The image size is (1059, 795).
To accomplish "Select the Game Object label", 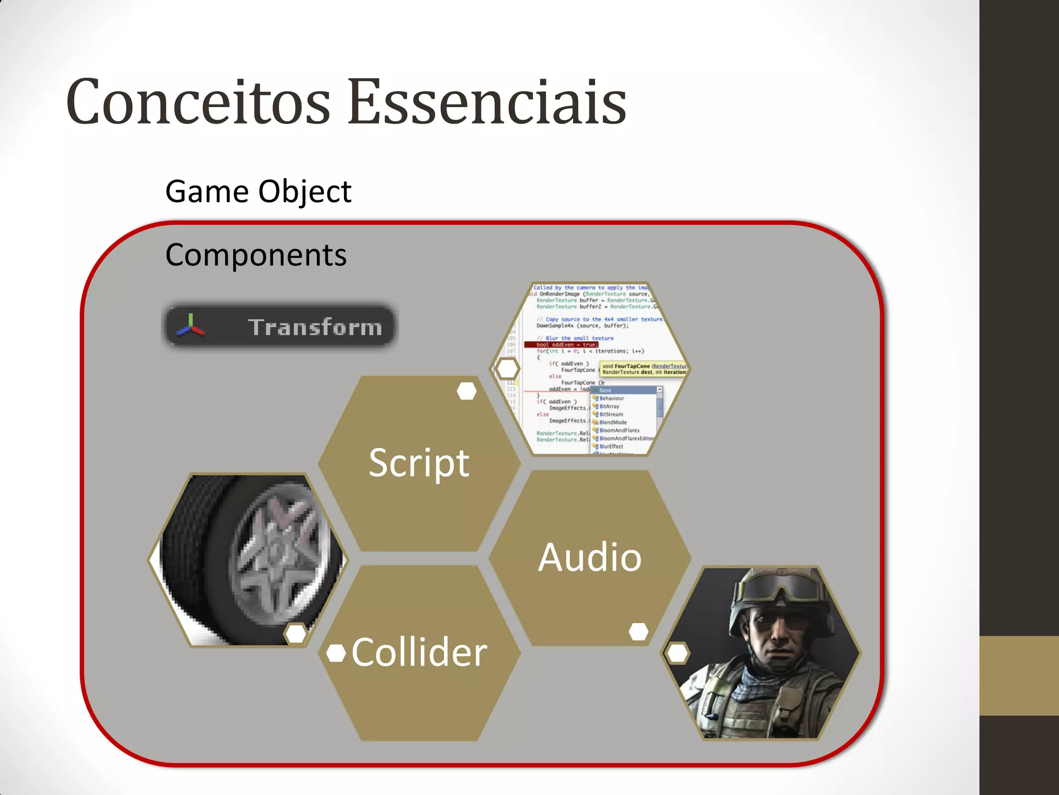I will coord(258,192).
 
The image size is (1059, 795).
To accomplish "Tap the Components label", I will coord(256,255).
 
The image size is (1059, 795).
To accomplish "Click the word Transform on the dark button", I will coord(315,328).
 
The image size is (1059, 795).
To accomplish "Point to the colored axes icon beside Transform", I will coord(190,326).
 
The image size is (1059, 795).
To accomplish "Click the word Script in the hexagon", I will coord(419,463).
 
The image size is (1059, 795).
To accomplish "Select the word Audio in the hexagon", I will coord(589,557).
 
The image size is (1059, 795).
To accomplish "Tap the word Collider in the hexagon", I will coord(419,652).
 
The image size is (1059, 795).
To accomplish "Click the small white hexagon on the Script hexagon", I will coord(466,391).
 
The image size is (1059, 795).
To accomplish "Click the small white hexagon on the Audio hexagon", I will coord(639,631).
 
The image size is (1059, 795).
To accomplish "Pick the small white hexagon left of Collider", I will coord(336,653).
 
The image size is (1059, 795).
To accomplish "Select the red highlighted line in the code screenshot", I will coord(561,345).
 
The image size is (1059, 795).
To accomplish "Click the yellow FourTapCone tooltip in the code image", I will coord(644,369).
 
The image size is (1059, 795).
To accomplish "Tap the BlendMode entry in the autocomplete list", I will coord(613,422).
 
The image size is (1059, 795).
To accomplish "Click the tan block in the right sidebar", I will coord(1019,675).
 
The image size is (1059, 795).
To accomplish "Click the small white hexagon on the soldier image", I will coord(677,653).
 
